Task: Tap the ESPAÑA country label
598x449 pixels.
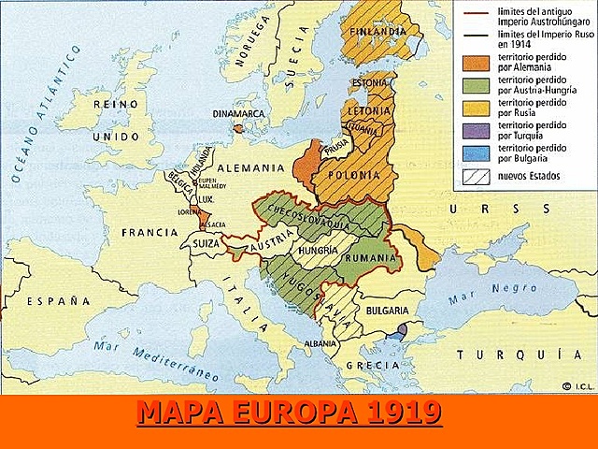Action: coord(58,301)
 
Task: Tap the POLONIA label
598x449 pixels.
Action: coord(353,175)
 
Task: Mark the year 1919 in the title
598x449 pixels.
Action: coord(397,412)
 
